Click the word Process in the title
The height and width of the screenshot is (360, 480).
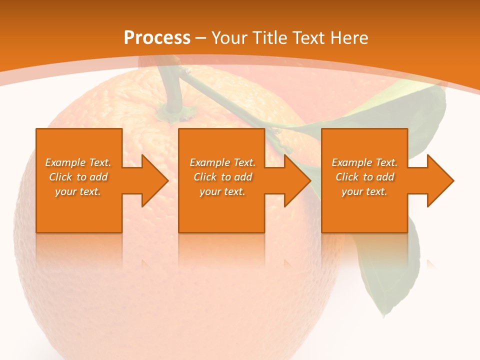157,37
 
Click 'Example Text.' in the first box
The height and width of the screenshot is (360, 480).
78,162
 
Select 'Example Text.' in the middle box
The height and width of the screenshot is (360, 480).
222,162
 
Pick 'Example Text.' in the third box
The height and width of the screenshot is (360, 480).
364,162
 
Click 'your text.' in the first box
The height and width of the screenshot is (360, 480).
78,191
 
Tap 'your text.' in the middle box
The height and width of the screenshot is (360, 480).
222,191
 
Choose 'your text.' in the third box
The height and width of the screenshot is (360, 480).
364,191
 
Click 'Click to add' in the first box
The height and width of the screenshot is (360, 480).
78,177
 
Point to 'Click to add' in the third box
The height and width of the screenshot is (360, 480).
364,177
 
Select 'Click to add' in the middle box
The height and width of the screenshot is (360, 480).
222,177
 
